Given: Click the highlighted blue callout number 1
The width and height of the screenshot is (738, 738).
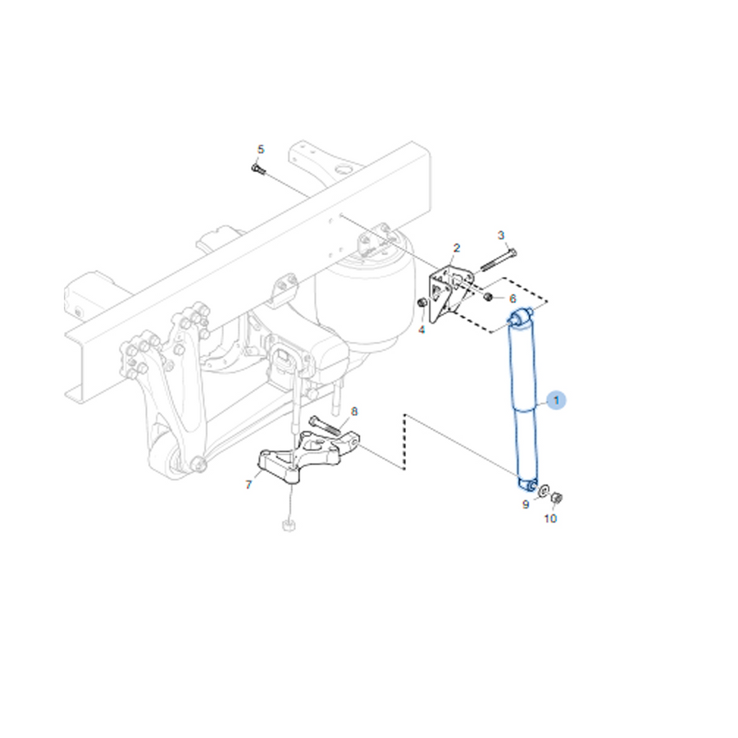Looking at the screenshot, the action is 556,400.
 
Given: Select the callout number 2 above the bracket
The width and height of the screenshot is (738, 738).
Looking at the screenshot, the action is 456,248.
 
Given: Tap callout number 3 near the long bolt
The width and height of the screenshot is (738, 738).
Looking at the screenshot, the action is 501,235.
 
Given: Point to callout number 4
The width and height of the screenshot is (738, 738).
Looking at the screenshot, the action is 421,330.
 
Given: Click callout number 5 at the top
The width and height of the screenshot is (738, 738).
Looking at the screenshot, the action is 261,150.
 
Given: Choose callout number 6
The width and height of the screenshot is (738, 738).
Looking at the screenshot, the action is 512,298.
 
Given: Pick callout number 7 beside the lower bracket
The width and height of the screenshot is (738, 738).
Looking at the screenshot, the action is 248,485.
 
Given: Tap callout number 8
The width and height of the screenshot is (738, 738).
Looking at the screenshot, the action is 354,412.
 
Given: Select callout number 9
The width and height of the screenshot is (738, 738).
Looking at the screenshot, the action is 526,504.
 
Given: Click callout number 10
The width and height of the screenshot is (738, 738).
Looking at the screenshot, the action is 550,519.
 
